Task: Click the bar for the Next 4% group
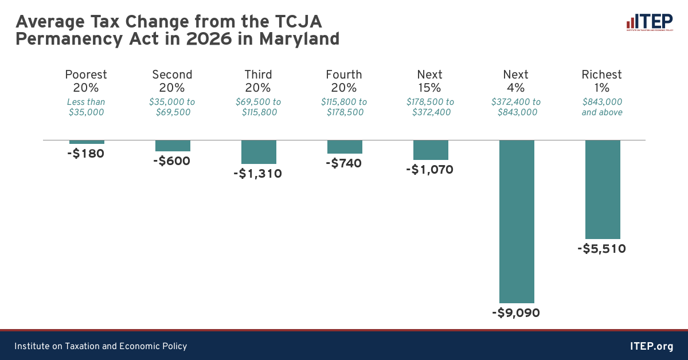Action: point(517,221)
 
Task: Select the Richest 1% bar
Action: point(603,189)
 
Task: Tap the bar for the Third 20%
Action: point(259,152)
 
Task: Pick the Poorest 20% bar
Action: point(87,142)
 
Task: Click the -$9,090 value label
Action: point(516,313)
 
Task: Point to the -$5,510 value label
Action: point(601,249)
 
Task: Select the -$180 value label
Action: point(87,154)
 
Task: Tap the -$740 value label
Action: point(344,163)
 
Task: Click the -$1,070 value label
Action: point(430,170)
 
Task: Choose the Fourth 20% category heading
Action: point(344,81)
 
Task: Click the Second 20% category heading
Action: point(172,81)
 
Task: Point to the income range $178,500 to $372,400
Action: point(430,107)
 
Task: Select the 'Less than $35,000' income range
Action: point(87,107)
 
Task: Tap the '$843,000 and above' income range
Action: point(602,107)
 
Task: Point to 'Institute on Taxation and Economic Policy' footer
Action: point(100,346)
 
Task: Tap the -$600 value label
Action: point(172,161)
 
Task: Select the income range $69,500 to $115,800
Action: point(258,107)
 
